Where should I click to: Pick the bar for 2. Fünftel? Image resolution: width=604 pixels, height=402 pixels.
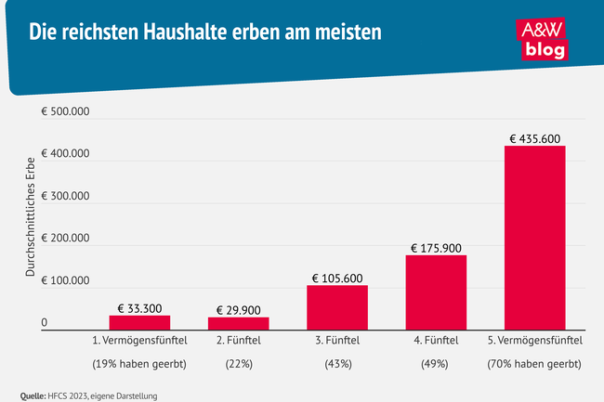[238, 322]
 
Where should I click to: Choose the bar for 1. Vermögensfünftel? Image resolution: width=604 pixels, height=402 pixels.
[139, 321]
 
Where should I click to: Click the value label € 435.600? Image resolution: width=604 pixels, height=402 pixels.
[534, 138]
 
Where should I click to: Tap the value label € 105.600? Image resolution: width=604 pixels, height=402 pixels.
[337, 278]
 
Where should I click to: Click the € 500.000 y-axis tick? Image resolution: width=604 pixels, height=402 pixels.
[65, 112]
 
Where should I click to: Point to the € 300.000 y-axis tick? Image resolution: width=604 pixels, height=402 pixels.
[65, 197]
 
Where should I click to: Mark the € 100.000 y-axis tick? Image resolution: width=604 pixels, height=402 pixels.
[65, 280]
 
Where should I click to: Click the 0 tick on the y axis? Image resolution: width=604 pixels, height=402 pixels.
[45, 323]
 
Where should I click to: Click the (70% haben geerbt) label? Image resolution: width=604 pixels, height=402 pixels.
[534, 364]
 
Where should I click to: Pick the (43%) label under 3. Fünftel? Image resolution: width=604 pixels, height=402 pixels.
[337, 364]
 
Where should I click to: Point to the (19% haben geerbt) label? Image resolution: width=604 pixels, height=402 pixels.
[139, 364]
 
